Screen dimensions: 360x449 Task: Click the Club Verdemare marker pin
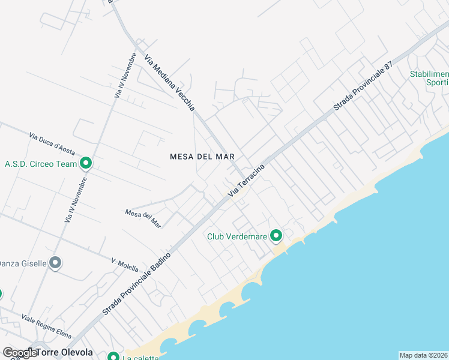(276, 236)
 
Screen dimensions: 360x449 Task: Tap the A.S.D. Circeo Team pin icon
(86, 163)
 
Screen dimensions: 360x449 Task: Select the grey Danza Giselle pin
(55, 263)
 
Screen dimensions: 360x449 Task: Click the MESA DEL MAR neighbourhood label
(202, 156)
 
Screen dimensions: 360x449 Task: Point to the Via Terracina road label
(247, 180)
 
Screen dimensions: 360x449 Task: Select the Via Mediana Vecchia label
(169, 83)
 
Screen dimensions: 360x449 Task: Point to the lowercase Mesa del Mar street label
(143, 218)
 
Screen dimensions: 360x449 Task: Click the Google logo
(19, 353)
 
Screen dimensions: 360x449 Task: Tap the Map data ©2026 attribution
(424, 355)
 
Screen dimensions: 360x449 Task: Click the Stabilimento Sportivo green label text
(429, 78)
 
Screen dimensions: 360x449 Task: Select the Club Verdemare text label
(237, 236)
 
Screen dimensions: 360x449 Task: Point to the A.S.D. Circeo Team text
(41, 163)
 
